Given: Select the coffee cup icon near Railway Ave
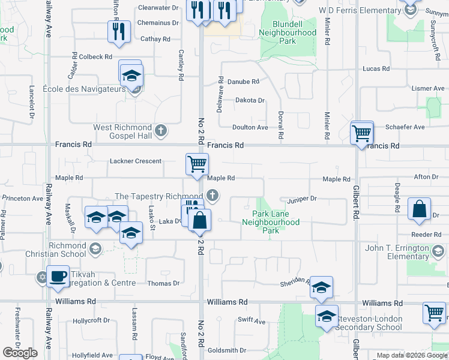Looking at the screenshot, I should [58, 277].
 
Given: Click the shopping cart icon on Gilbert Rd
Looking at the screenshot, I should [362, 133].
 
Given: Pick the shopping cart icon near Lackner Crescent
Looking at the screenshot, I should [197, 163].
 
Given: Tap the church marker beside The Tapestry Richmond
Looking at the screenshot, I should [211, 195].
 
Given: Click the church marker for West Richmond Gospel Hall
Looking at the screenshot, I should [160, 130].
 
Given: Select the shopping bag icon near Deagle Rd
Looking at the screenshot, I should [419, 210].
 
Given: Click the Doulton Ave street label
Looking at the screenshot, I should [250, 127].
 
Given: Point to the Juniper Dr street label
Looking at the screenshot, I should [301, 199].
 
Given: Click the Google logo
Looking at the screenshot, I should [20, 352].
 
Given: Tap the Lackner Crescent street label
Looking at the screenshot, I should [135, 161].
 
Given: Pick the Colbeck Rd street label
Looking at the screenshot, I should [95, 57].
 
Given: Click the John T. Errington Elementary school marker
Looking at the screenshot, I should [437, 250].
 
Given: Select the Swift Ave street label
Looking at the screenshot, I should [251, 321].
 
